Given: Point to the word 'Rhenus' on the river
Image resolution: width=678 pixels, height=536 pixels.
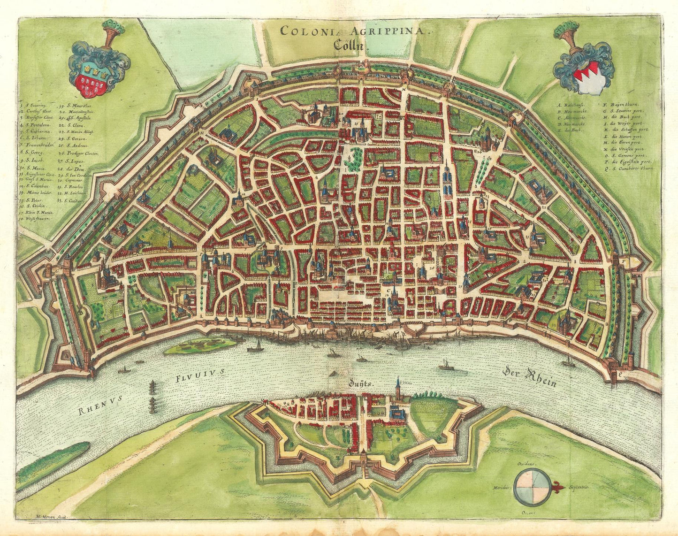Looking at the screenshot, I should tap(100, 404).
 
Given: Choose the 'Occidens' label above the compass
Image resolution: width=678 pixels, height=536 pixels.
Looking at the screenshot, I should tap(527, 463).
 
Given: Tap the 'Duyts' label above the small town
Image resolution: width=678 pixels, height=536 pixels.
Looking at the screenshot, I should tap(361, 383).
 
